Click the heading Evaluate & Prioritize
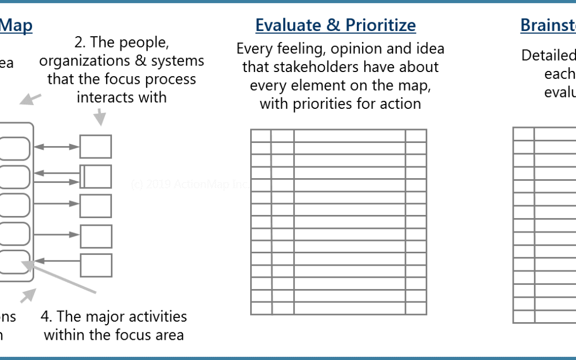335,26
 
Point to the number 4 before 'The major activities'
45,316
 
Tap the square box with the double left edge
95,177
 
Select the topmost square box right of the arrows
95,147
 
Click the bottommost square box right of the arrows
95,265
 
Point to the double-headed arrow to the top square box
56,147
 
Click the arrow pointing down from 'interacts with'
99,118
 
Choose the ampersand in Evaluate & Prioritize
336,26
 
